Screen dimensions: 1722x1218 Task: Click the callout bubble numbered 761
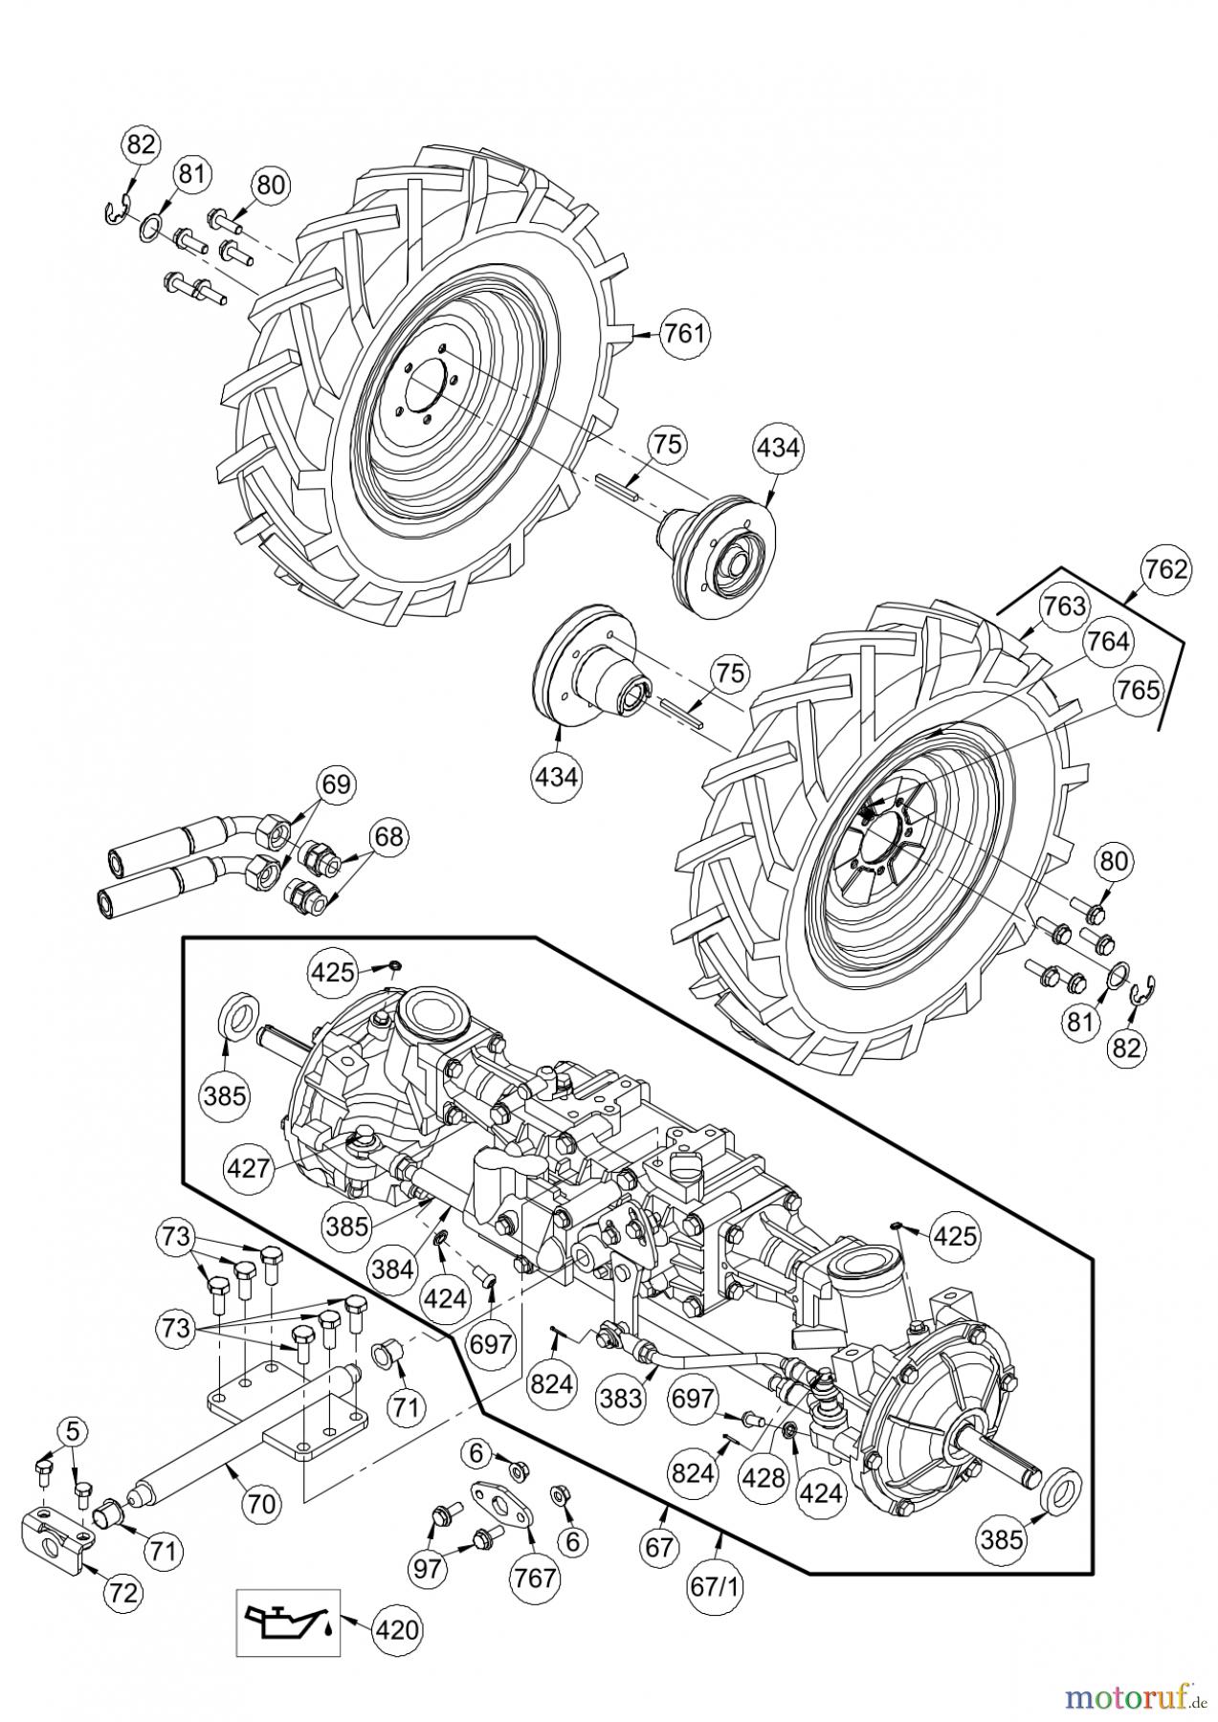684,334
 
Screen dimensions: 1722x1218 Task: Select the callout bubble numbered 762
1165,570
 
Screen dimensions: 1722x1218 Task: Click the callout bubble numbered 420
394,1629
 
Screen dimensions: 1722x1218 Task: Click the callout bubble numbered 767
535,1576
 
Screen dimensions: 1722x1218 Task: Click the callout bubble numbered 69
335,785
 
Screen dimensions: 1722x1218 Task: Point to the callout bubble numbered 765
1137,690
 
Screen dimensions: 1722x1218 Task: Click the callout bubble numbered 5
73,1432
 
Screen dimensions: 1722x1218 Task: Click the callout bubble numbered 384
393,1269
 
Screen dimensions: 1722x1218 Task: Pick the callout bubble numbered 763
1064,606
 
